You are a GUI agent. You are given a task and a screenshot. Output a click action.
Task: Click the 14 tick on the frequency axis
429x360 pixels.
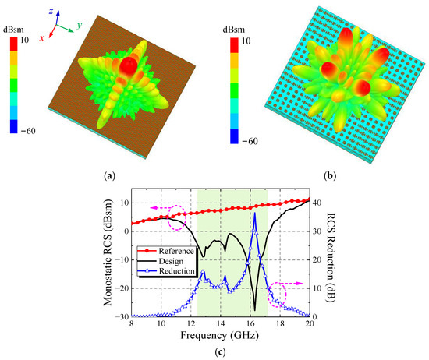(221, 324)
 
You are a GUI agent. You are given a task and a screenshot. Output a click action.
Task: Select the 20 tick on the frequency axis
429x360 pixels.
(310, 324)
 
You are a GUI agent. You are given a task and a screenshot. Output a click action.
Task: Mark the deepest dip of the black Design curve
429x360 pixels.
(255, 309)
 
